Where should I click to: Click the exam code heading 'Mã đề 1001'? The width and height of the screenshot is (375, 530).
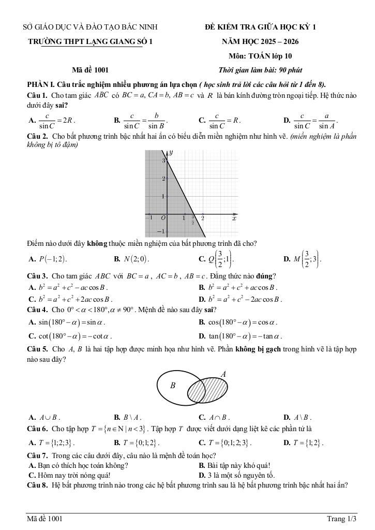91,70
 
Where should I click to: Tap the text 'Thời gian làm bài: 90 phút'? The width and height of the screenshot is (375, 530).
261,70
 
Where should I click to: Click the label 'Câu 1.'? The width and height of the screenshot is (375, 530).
38,95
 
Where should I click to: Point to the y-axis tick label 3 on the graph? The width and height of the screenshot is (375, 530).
163,161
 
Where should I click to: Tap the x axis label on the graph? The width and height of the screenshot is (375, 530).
234,218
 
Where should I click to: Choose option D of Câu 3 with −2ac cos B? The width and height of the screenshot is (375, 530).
241,299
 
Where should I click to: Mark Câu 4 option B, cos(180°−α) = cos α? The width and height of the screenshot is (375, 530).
241,322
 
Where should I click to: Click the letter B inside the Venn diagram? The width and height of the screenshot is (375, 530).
173,386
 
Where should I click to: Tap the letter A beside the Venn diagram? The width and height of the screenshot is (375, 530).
223,374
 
